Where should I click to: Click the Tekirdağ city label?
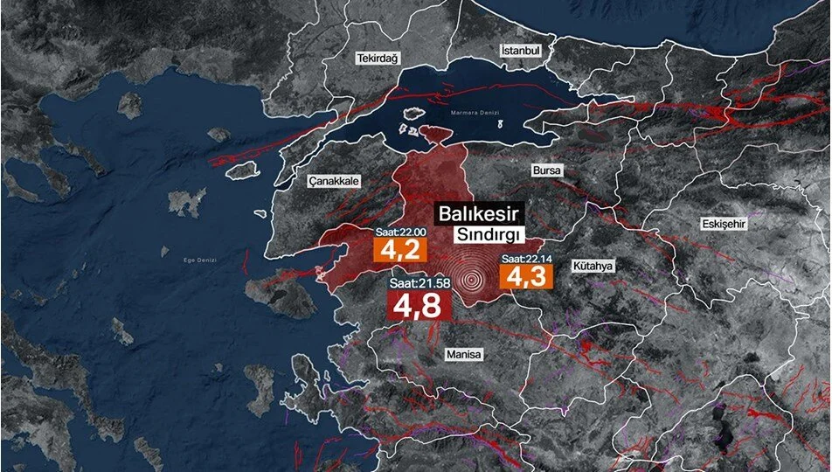[x=377, y=58]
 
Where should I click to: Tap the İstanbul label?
[x=522, y=51]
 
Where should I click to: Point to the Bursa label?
[x=547, y=170]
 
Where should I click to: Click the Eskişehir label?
[x=725, y=224]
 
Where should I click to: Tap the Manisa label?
[x=463, y=355]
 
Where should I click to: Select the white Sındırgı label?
[x=488, y=235]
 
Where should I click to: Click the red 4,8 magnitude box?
[x=418, y=307]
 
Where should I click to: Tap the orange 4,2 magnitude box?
[x=399, y=250]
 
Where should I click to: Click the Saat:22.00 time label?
[x=399, y=232]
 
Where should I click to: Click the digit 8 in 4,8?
[x=431, y=307]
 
